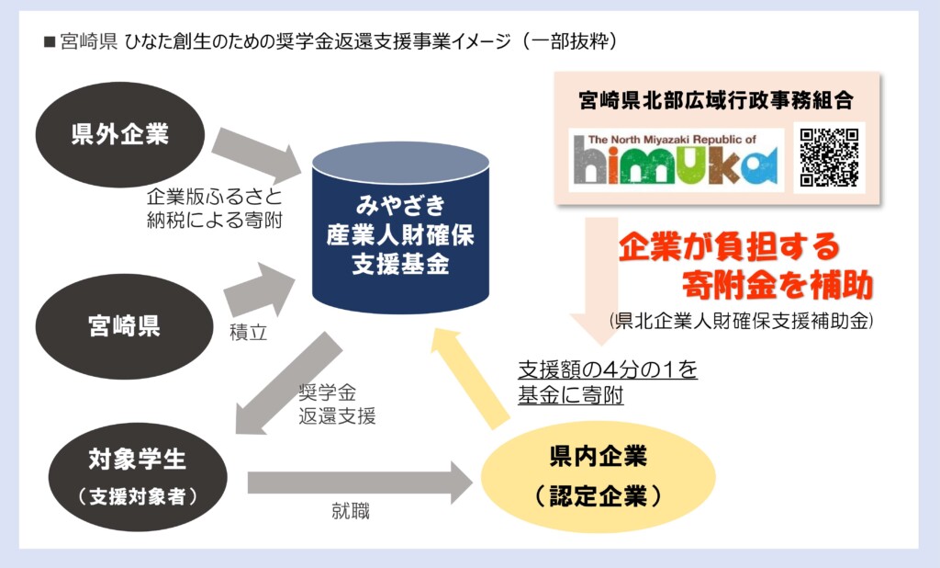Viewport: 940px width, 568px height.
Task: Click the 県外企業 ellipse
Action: pyautogui.click(x=120, y=134)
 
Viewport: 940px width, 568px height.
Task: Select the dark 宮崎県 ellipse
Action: pyautogui.click(x=124, y=326)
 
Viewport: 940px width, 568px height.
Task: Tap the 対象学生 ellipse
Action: pyautogui.click(x=138, y=477)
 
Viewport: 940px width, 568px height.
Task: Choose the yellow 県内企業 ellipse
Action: pyautogui.click(x=599, y=476)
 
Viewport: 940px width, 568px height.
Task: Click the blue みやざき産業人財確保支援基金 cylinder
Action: pyautogui.click(x=400, y=228)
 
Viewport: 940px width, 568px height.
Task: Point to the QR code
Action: pyautogui.click(x=829, y=157)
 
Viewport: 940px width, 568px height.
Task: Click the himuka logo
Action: pyautogui.click(x=676, y=160)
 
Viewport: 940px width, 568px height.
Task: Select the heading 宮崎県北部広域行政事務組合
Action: pyautogui.click(x=716, y=100)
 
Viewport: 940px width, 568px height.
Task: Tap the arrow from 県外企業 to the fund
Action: pyautogui.click(x=257, y=155)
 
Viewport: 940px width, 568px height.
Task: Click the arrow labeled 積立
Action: pyautogui.click(x=260, y=290)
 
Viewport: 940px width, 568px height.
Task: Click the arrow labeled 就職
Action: pyautogui.click(x=360, y=483)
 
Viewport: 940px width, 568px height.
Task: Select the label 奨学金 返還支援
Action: pyautogui.click(x=337, y=404)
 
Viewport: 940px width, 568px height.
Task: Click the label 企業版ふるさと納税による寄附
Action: pyautogui.click(x=215, y=209)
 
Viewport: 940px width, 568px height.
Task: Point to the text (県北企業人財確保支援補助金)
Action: pyautogui.click(x=741, y=322)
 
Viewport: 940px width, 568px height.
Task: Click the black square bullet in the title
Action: pyautogui.click(x=50, y=42)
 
